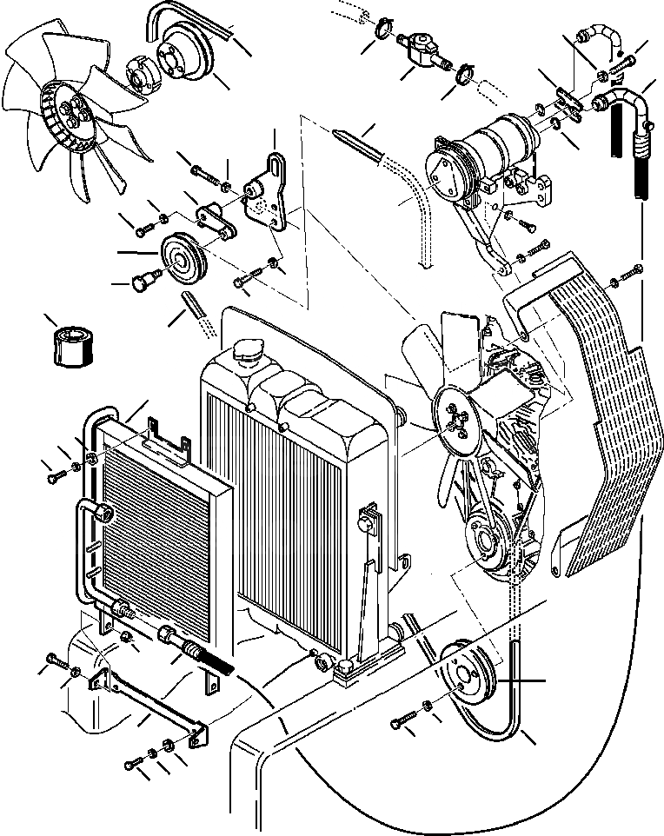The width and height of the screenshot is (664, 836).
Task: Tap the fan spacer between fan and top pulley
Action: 141,72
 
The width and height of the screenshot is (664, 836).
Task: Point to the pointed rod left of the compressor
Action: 356,142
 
